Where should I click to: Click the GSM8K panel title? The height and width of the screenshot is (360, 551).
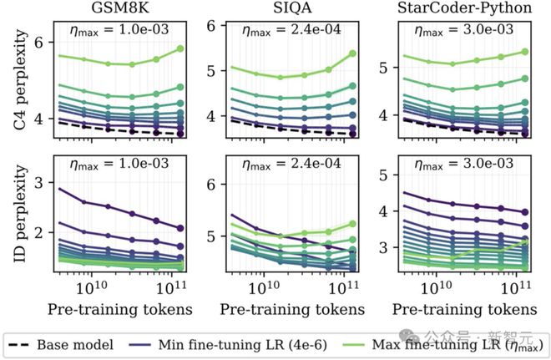(118, 8)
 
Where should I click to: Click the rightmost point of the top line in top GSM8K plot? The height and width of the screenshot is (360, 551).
(181, 49)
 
